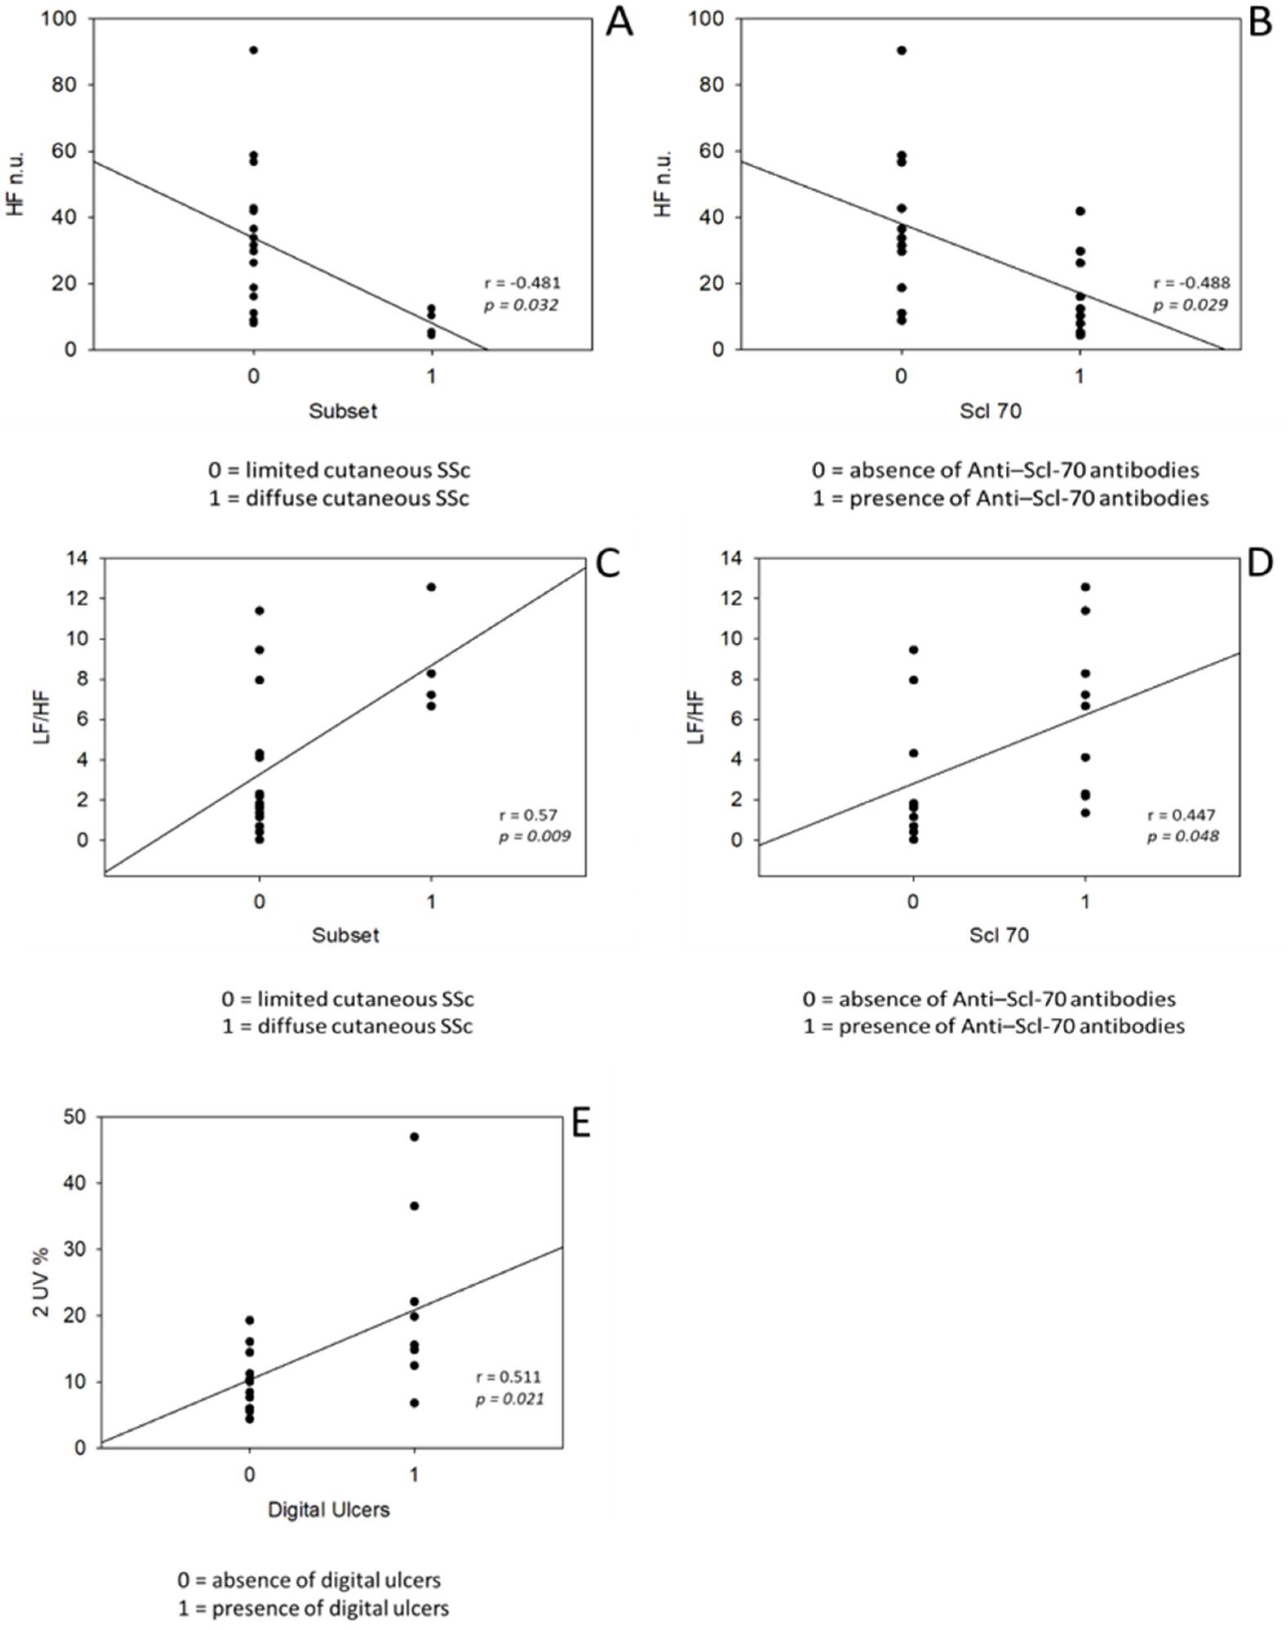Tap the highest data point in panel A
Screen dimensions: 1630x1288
[x=253, y=50]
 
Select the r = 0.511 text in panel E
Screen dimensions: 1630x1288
[x=508, y=1377]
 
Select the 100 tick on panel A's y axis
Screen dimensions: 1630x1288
[x=59, y=19]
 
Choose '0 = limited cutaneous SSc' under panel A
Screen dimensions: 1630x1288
[x=339, y=470]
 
